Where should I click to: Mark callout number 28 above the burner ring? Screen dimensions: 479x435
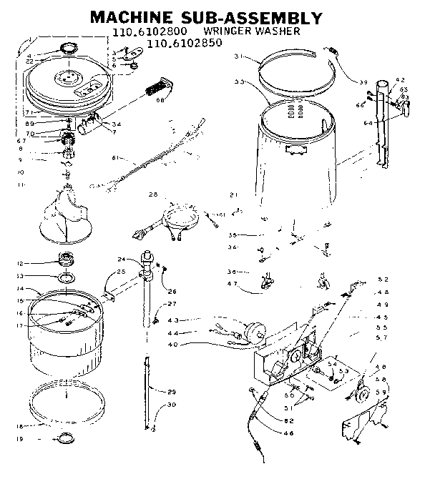click(152, 194)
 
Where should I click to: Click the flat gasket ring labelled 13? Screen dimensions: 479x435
click(64, 277)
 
